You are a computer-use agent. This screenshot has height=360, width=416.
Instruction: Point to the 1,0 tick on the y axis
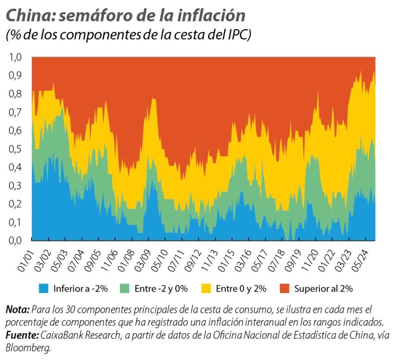(x=15, y=57)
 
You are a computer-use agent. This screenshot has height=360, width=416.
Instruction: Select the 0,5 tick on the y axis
(x=15, y=149)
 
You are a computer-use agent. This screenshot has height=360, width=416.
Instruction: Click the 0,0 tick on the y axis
(x=15, y=240)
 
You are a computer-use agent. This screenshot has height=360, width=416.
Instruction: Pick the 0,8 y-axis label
(x=15, y=94)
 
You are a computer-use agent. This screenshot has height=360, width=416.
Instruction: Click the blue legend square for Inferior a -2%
(x=44, y=289)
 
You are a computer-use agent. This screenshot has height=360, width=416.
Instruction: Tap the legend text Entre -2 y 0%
(x=161, y=289)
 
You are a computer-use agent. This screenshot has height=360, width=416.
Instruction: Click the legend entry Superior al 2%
(x=324, y=289)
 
